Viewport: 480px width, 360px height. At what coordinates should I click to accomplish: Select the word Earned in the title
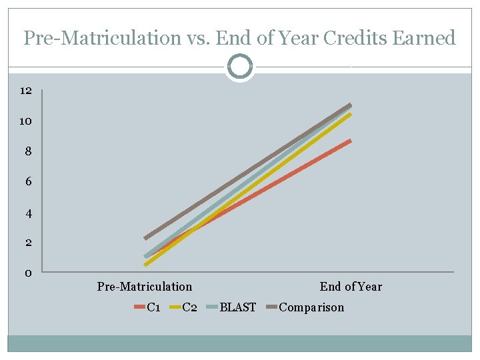423,38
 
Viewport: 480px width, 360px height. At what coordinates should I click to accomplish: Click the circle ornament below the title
240,67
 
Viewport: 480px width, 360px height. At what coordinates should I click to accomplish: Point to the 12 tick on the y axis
26,91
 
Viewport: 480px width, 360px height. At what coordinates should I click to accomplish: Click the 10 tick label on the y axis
26,121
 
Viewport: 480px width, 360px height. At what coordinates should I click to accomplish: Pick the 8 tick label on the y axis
28,151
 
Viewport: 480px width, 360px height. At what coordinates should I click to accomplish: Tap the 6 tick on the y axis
28,182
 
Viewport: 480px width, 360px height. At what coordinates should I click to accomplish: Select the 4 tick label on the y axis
28,213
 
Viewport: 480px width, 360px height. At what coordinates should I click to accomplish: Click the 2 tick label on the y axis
28,243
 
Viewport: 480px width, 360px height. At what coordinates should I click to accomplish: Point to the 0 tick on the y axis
28,273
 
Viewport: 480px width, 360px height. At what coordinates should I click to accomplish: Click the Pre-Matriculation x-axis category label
145,287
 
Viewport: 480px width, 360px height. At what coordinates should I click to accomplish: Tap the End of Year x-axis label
351,287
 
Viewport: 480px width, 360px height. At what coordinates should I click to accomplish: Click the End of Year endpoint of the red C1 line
349,141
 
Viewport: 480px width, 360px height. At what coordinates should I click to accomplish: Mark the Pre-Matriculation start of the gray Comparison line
146,237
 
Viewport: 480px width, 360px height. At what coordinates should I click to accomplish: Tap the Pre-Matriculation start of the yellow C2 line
146,264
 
